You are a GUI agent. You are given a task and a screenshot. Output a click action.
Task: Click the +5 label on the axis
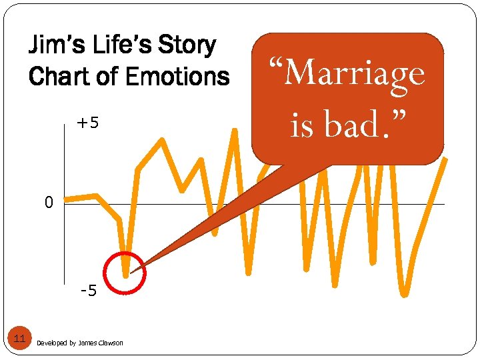(x=87, y=123)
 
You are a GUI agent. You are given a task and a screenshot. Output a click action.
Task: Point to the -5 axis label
(x=88, y=291)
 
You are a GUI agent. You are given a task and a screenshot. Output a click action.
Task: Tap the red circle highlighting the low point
(x=125, y=273)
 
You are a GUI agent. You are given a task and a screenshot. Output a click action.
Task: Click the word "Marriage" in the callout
(x=346, y=74)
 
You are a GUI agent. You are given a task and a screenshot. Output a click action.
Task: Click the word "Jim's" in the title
(x=55, y=47)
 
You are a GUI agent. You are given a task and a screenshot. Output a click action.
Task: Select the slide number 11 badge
(x=20, y=339)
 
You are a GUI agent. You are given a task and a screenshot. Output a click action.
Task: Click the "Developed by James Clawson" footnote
(x=80, y=343)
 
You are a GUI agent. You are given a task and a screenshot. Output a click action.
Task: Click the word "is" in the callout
(x=301, y=123)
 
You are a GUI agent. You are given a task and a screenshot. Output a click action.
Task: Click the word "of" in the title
(x=110, y=76)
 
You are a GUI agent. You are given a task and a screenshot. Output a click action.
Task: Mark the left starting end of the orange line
(x=65, y=199)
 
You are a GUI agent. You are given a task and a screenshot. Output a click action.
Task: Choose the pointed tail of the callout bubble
(x=133, y=271)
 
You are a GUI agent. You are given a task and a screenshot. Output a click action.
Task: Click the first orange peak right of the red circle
(x=161, y=141)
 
